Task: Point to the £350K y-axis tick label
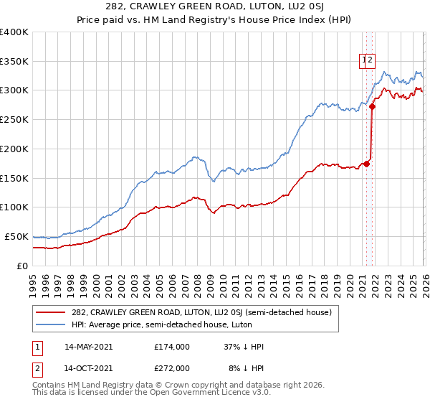tap(14, 61)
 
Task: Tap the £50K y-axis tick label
tap(16, 236)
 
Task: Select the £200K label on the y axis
tap(14, 149)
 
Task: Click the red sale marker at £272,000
tap(373, 107)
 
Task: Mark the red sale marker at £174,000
tap(367, 164)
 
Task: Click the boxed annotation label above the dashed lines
tap(367, 61)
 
